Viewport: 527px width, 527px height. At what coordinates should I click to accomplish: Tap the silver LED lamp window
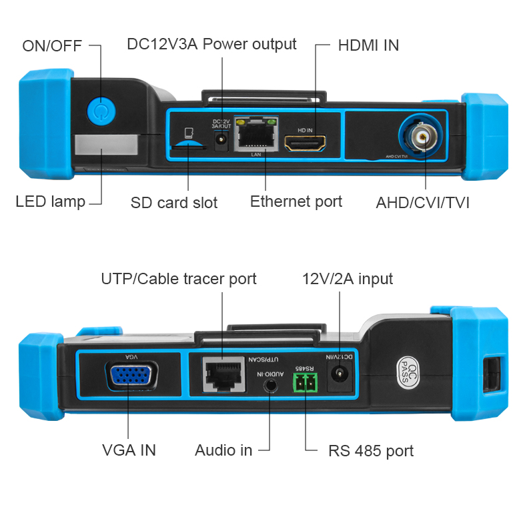coord(106,145)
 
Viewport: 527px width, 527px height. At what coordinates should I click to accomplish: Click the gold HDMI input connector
coord(305,142)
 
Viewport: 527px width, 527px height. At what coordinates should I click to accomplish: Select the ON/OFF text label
coord(52,46)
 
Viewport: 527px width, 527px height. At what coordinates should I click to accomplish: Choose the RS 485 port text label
coord(370,451)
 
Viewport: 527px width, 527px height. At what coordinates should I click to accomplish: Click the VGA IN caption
coord(129,450)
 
